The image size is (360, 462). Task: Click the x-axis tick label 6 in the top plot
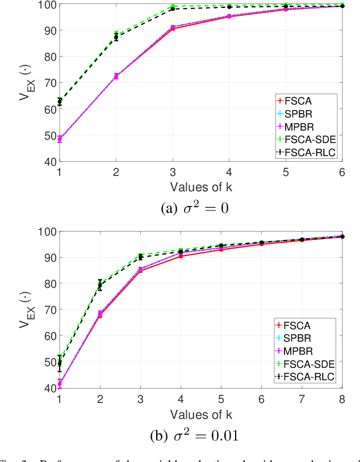[342, 171]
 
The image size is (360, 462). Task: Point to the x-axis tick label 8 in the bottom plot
[342, 398]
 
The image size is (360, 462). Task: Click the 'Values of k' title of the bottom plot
[200, 413]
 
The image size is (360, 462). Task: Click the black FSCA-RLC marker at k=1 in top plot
[60, 102]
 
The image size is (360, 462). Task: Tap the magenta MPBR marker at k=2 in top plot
[116, 75]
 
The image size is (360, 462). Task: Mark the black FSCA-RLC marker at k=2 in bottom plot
[100, 285]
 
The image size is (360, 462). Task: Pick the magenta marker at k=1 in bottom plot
[60, 384]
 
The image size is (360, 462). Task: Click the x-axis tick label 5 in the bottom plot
[221, 398]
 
